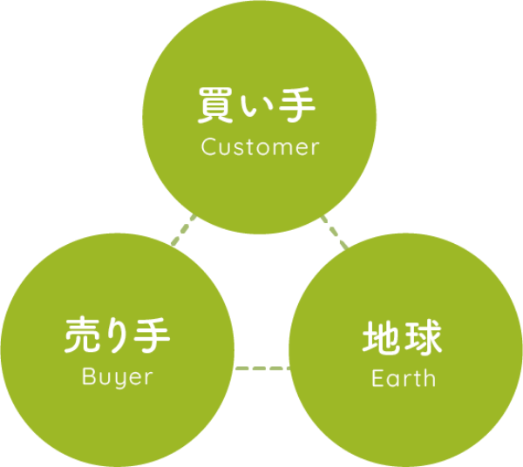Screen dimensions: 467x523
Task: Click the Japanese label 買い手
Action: click(259, 109)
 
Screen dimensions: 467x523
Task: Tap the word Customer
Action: click(260, 147)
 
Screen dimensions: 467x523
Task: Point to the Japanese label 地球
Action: click(403, 339)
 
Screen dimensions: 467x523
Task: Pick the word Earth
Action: click(403, 379)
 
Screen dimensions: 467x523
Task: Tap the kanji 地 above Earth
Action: click(382, 339)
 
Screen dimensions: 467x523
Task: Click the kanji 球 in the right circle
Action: click(423, 339)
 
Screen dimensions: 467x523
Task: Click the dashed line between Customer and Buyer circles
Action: click(185, 230)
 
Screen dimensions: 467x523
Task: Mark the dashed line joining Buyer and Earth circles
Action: click(261, 367)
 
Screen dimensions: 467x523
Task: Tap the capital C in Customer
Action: click(208, 147)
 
